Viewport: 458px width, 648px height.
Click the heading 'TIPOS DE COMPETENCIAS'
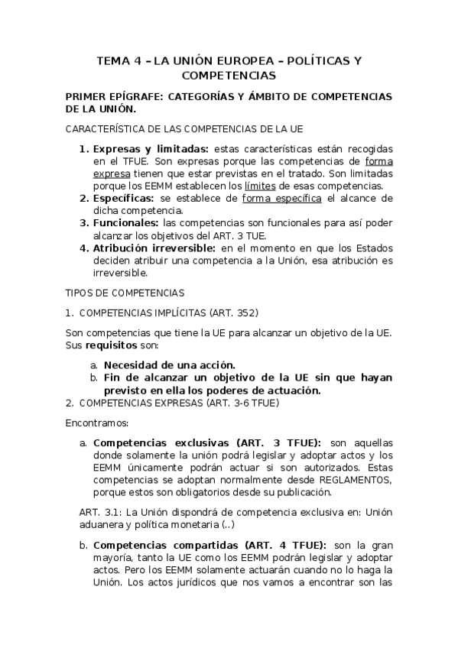coord(125,292)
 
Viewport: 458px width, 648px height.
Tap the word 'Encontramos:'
coord(98,421)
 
